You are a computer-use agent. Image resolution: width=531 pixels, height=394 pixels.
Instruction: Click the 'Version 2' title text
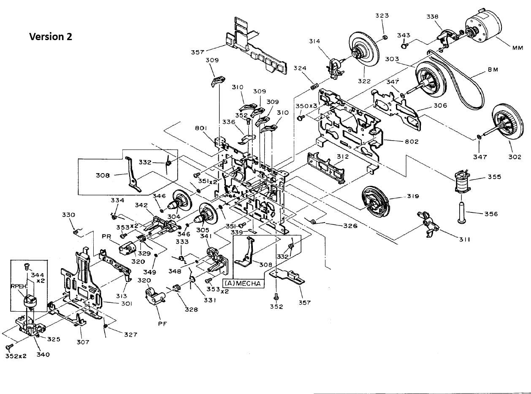pyautogui.click(x=51, y=37)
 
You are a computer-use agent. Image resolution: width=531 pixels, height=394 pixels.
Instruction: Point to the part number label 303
pyautogui.click(x=392, y=59)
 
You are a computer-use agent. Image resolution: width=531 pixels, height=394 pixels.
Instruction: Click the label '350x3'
pyautogui.click(x=306, y=106)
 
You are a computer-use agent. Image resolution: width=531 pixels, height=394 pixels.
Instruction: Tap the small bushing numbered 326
pyautogui.click(x=313, y=221)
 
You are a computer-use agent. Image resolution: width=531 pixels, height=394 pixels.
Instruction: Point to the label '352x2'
pyautogui.click(x=16, y=356)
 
